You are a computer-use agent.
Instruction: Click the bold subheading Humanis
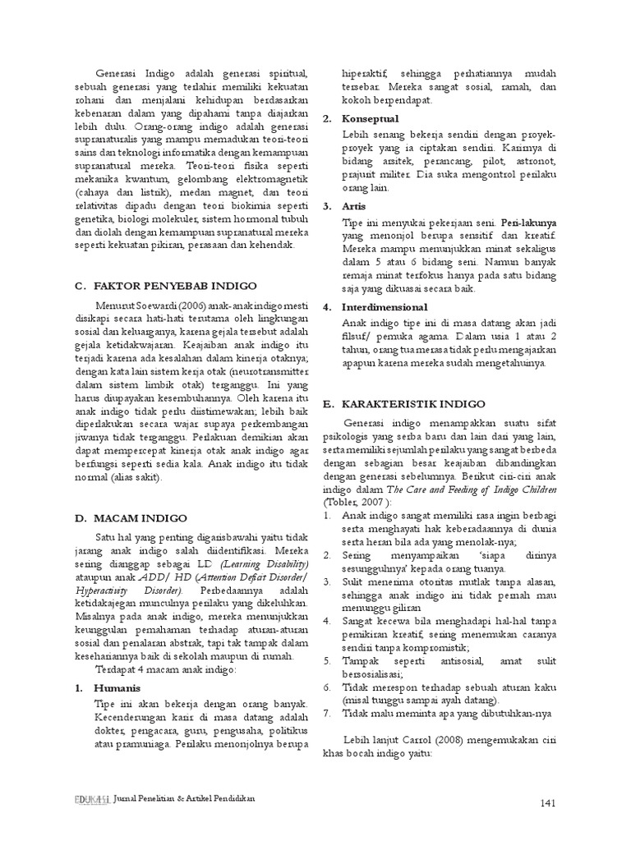[116, 687]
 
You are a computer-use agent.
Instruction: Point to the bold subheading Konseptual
[371, 119]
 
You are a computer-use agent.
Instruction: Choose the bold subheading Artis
[355, 205]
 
